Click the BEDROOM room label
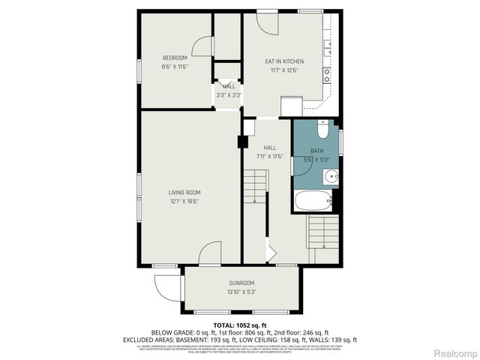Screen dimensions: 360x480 coord(175,58)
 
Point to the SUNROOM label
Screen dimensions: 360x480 coord(241,283)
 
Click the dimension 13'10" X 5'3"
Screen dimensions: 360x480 coord(241,292)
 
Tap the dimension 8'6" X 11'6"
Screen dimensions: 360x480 coord(175,67)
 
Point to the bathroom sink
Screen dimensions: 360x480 coord(331,177)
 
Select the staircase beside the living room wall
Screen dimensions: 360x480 coord(255,187)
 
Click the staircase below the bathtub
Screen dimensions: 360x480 coord(324,232)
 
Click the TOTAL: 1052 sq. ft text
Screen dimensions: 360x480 coord(239,325)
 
